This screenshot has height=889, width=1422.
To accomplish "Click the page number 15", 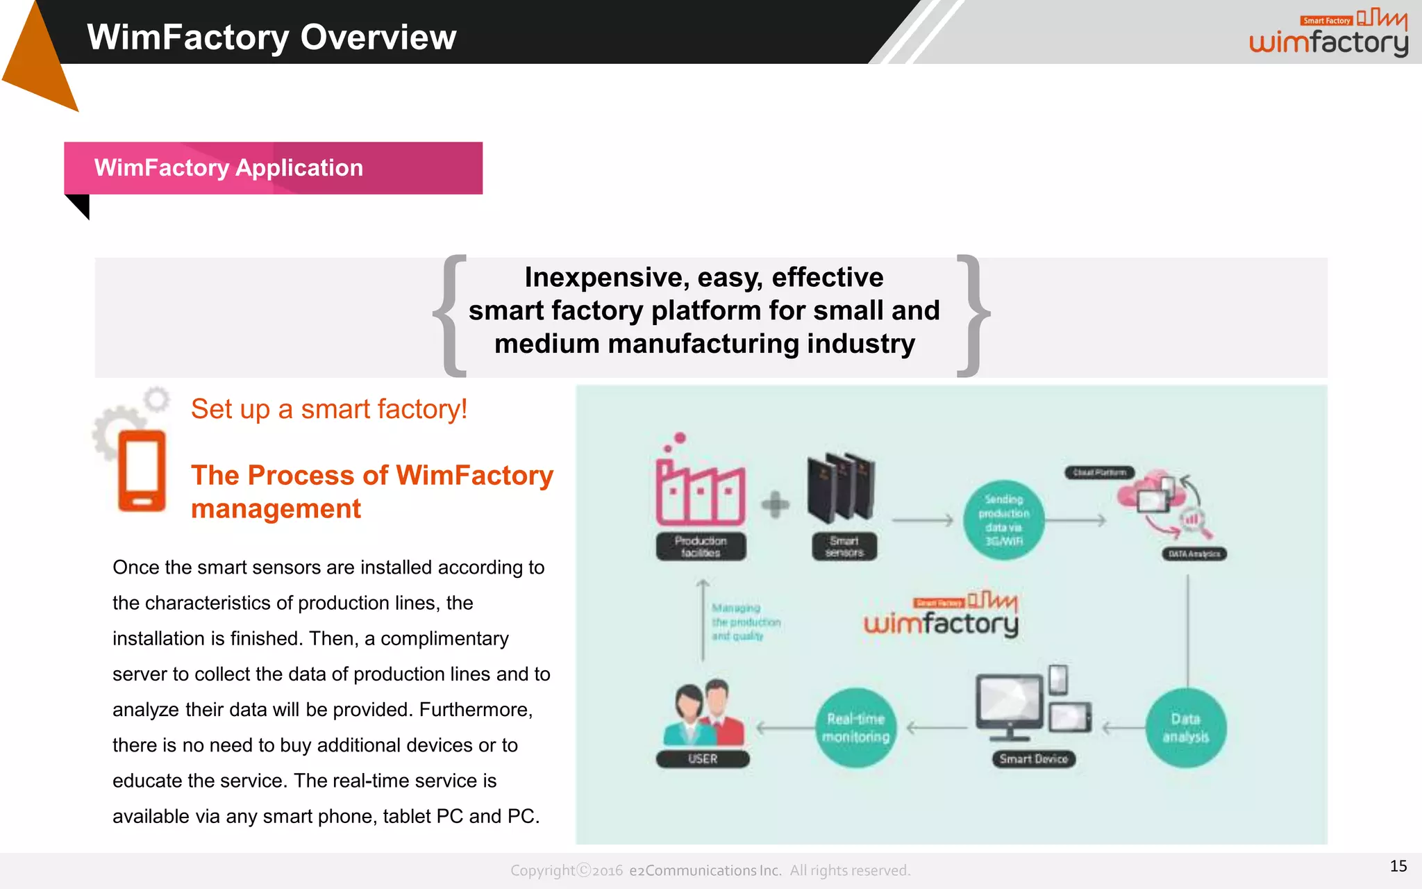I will pyautogui.click(x=1398, y=866).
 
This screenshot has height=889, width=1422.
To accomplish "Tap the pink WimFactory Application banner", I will pyautogui.click(x=273, y=168).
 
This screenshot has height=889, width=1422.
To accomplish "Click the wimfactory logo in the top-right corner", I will pyautogui.click(x=1328, y=34).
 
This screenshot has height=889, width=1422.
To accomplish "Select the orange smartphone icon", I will pyautogui.click(x=142, y=471).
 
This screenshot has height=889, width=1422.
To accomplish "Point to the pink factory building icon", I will pyautogui.click(x=700, y=489).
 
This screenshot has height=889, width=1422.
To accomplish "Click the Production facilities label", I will pyautogui.click(x=701, y=547).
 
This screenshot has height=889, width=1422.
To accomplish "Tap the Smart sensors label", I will pyautogui.click(x=844, y=547).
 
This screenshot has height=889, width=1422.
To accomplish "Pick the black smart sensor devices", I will pyautogui.click(x=841, y=487).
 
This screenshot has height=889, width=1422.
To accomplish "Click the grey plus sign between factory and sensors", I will pyautogui.click(x=775, y=505).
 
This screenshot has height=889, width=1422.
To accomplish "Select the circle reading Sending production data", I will pyautogui.click(x=1004, y=520).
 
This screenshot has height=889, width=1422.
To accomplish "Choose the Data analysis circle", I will pyautogui.click(x=1186, y=728).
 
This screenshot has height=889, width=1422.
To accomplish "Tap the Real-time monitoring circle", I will pyautogui.click(x=855, y=728).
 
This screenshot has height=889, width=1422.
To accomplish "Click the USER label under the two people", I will pyautogui.click(x=703, y=759).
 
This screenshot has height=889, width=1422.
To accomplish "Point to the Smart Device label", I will pyautogui.click(x=1034, y=759).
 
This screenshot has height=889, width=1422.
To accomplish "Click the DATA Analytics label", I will pyautogui.click(x=1194, y=554).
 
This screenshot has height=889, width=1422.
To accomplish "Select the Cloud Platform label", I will pyautogui.click(x=1099, y=472).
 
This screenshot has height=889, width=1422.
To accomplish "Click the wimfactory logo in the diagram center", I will pyautogui.click(x=941, y=615).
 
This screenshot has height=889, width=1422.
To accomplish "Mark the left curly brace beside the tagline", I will pyautogui.click(x=450, y=316).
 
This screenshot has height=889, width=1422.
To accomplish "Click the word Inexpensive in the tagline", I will pyautogui.click(x=607, y=277).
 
